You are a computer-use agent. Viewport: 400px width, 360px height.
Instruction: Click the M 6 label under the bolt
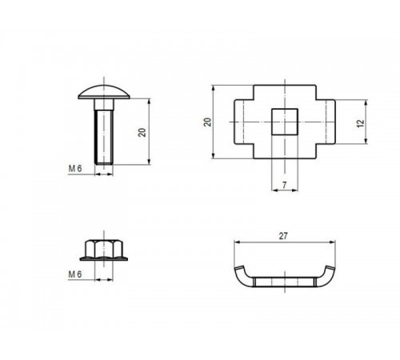(x=77, y=168)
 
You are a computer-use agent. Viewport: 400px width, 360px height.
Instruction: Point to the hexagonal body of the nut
(x=102, y=247)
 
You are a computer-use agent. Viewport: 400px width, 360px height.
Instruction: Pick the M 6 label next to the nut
(x=77, y=274)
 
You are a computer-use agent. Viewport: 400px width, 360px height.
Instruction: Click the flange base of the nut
(x=102, y=258)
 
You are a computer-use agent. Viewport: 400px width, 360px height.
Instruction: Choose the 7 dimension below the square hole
(x=284, y=185)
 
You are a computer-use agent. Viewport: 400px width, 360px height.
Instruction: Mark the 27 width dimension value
(x=284, y=237)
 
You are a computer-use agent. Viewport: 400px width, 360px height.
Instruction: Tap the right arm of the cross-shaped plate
(x=325, y=122)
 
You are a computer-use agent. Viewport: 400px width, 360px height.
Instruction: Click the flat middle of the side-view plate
(x=284, y=282)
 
